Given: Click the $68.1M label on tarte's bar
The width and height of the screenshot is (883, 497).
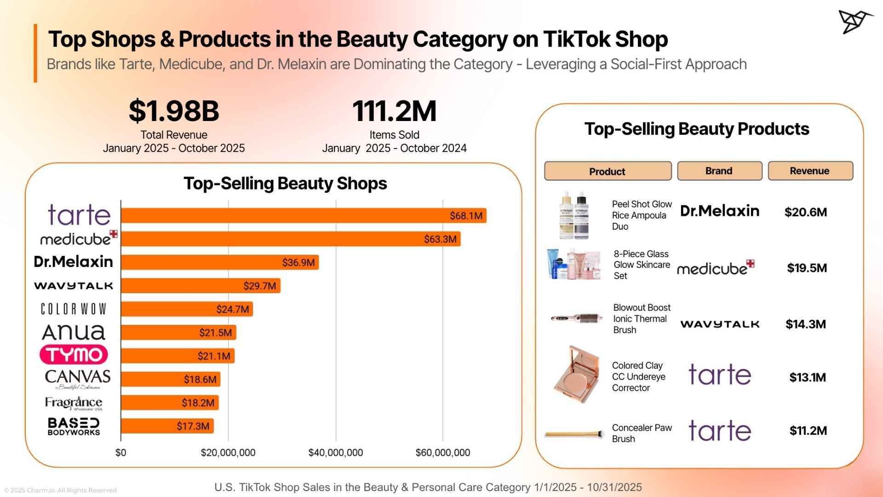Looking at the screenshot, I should [465, 216].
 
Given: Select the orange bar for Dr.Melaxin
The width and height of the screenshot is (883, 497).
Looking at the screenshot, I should [220, 262].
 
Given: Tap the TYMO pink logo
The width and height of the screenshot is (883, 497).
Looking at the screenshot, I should [74, 355].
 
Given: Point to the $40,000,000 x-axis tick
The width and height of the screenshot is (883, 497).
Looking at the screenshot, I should [335, 453].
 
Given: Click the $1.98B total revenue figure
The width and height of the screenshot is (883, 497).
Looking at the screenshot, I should [174, 111].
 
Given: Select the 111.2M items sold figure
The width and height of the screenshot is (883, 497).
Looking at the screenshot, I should [394, 111].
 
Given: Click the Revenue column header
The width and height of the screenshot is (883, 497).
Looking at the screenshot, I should [810, 171].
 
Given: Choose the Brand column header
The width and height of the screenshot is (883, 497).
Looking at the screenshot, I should [719, 171].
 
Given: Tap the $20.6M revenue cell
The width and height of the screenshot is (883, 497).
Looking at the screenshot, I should [805, 212].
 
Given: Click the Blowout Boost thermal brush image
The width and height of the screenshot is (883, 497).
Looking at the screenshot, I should [577, 318].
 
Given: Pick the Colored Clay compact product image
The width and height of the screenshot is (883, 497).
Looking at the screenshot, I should [577, 374].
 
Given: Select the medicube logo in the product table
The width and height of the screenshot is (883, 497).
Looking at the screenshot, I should [715, 268].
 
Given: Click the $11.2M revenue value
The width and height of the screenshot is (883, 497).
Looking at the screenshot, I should [808, 431].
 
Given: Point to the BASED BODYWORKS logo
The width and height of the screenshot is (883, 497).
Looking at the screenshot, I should [74, 426].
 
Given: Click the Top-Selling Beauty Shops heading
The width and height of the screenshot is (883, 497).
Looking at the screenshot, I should [285, 184].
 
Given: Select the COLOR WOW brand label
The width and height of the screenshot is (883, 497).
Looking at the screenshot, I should [74, 309].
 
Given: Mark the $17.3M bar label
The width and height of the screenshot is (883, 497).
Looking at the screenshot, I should [193, 426].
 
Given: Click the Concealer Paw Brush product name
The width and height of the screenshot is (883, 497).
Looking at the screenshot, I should [641, 433].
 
